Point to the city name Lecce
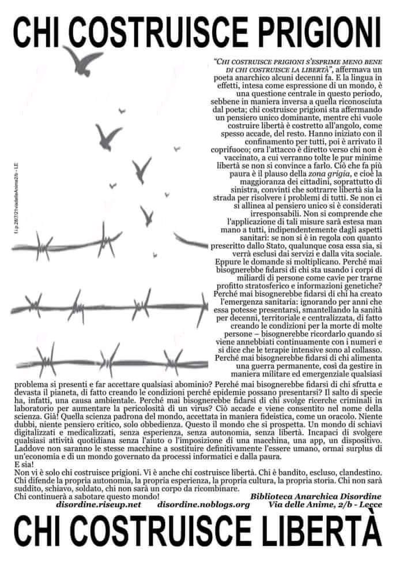367,504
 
